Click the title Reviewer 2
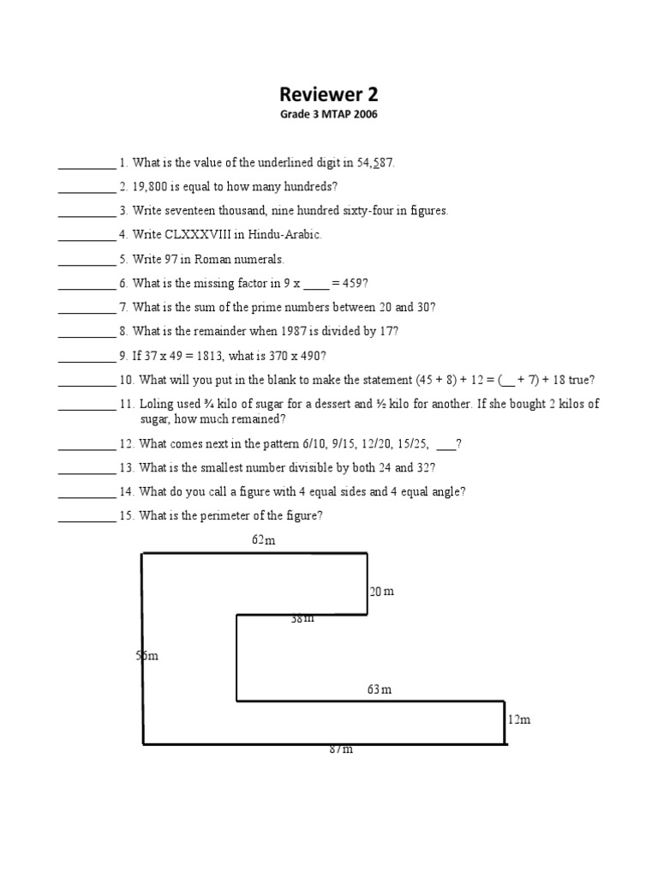click(329, 95)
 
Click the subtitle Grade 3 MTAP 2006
click(329, 114)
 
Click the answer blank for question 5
click(87, 260)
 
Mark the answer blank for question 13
click(87, 469)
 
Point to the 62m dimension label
click(264, 540)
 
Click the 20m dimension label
click(382, 592)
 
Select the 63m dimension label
click(380, 689)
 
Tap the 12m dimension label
click(519, 719)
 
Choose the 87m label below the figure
click(341, 749)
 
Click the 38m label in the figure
click(302, 618)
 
